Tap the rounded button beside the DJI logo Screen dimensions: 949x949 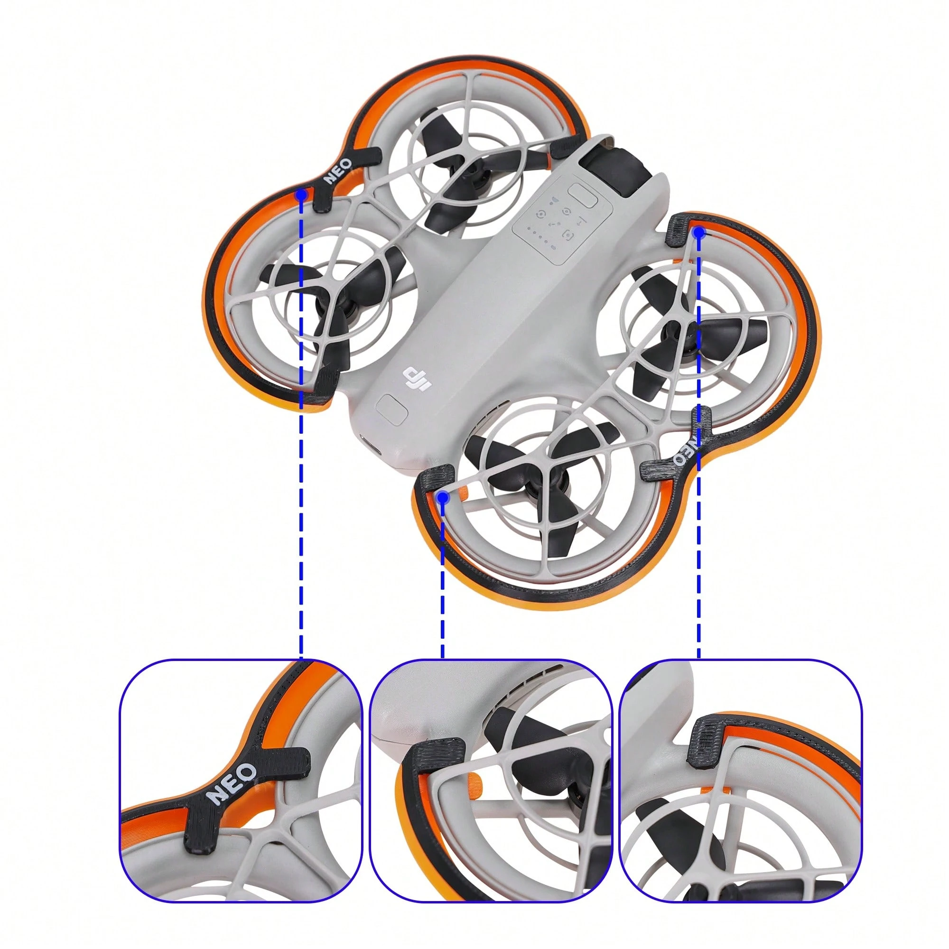point(391,409)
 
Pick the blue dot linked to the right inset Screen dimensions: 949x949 point(699,233)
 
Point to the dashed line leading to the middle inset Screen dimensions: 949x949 point(443,580)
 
